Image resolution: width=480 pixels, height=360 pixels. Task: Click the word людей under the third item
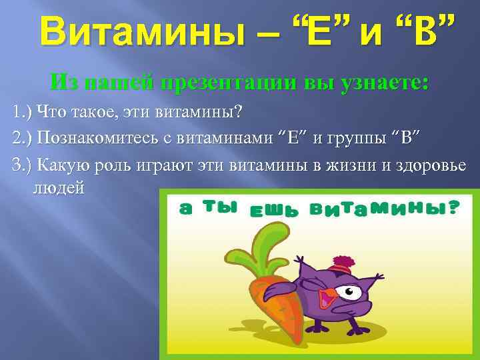(x=58, y=187)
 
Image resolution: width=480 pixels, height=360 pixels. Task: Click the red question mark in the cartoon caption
(x=454, y=208)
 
